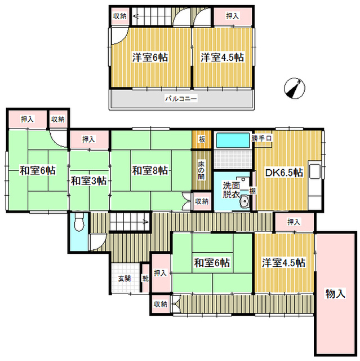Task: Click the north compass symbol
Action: (x=295, y=89)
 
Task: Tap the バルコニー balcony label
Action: (x=181, y=99)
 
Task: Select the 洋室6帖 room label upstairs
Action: (x=150, y=58)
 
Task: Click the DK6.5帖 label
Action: (x=284, y=173)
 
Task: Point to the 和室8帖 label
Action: (x=150, y=170)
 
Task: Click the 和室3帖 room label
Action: (x=89, y=181)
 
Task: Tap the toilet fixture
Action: (x=79, y=222)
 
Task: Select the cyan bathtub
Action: (x=233, y=141)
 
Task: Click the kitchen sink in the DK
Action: (x=315, y=171)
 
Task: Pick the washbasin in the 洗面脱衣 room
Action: (x=245, y=201)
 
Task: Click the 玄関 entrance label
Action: (x=125, y=279)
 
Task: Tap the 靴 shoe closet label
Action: (x=145, y=279)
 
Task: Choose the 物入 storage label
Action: (x=335, y=294)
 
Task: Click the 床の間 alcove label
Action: (x=202, y=170)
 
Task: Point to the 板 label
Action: (x=202, y=139)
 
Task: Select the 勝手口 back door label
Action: (x=261, y=139)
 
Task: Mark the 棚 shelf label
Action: (x=252, y=191)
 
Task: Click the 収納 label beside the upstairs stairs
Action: (x=120, y=16)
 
